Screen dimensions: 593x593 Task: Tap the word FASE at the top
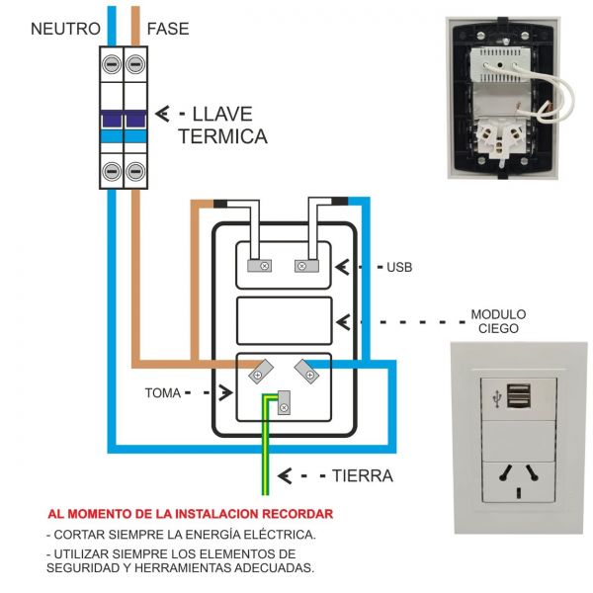click(x=169, y=28)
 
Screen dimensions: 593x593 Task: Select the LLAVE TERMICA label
click(x=222, y=125)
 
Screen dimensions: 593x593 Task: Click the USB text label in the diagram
click(x=399, y=268)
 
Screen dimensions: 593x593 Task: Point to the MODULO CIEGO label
click(x=498, y=321)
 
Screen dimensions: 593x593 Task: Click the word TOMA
click(x=163, y=392)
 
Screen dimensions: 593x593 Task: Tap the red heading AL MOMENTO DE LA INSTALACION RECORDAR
click(x=191, y=514)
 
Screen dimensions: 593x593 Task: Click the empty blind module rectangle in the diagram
click(x=286, y=320)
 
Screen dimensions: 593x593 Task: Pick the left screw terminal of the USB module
click(x=264, y=265)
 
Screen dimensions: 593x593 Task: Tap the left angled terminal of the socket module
click(x=260, y=374)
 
